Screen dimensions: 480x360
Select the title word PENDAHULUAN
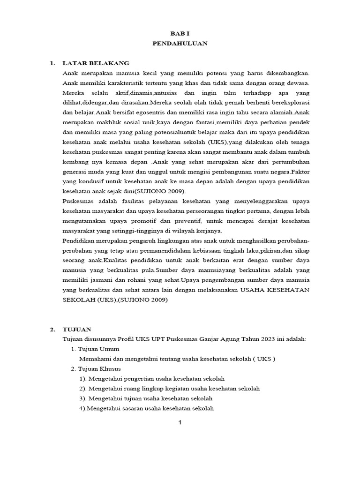tap(180, 44)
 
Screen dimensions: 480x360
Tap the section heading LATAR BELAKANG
tap(96, 63)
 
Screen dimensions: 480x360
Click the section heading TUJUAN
tap(77, 330)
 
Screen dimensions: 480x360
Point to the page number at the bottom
tap(180, 422)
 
